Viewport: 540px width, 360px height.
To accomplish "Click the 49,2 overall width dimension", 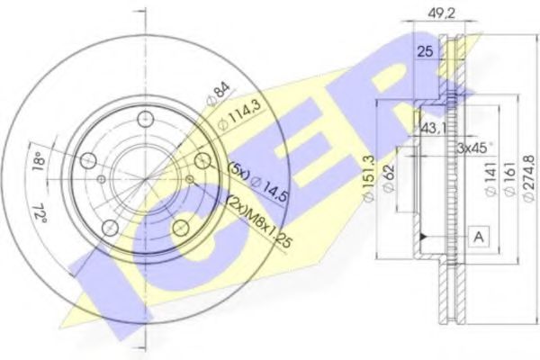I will point(438,13).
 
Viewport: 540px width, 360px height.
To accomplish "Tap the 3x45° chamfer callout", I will point(475,148).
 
